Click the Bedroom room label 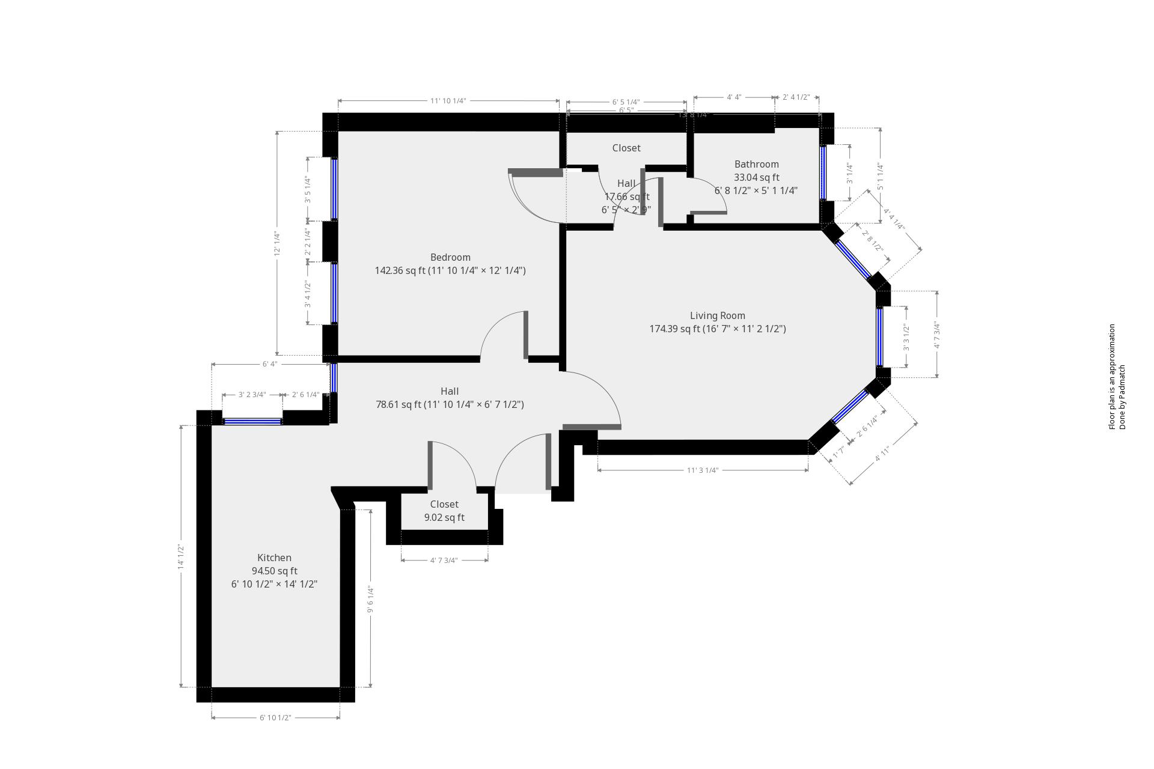pos(450,257)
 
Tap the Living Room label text pos(717,315)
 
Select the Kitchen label pos(274,558)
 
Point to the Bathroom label pos(756,164)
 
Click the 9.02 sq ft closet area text pos(444,517)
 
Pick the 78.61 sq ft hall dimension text pos(450,404)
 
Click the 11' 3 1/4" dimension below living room pos(703,470)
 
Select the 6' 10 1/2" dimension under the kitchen pos(275,717)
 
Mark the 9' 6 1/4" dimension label pos(370,600)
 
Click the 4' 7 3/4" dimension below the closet pos(444,561)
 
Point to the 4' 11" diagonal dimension pos(882,454)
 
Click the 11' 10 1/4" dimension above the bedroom pos(448,101)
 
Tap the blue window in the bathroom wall pos(823,173)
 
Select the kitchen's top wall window pos(252,422)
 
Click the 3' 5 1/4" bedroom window pos(334,189)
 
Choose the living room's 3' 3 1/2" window pos(880,336)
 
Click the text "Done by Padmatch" pos(1122,397)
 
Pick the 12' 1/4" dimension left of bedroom pos(277,243)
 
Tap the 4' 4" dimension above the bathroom pos(734,97)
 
